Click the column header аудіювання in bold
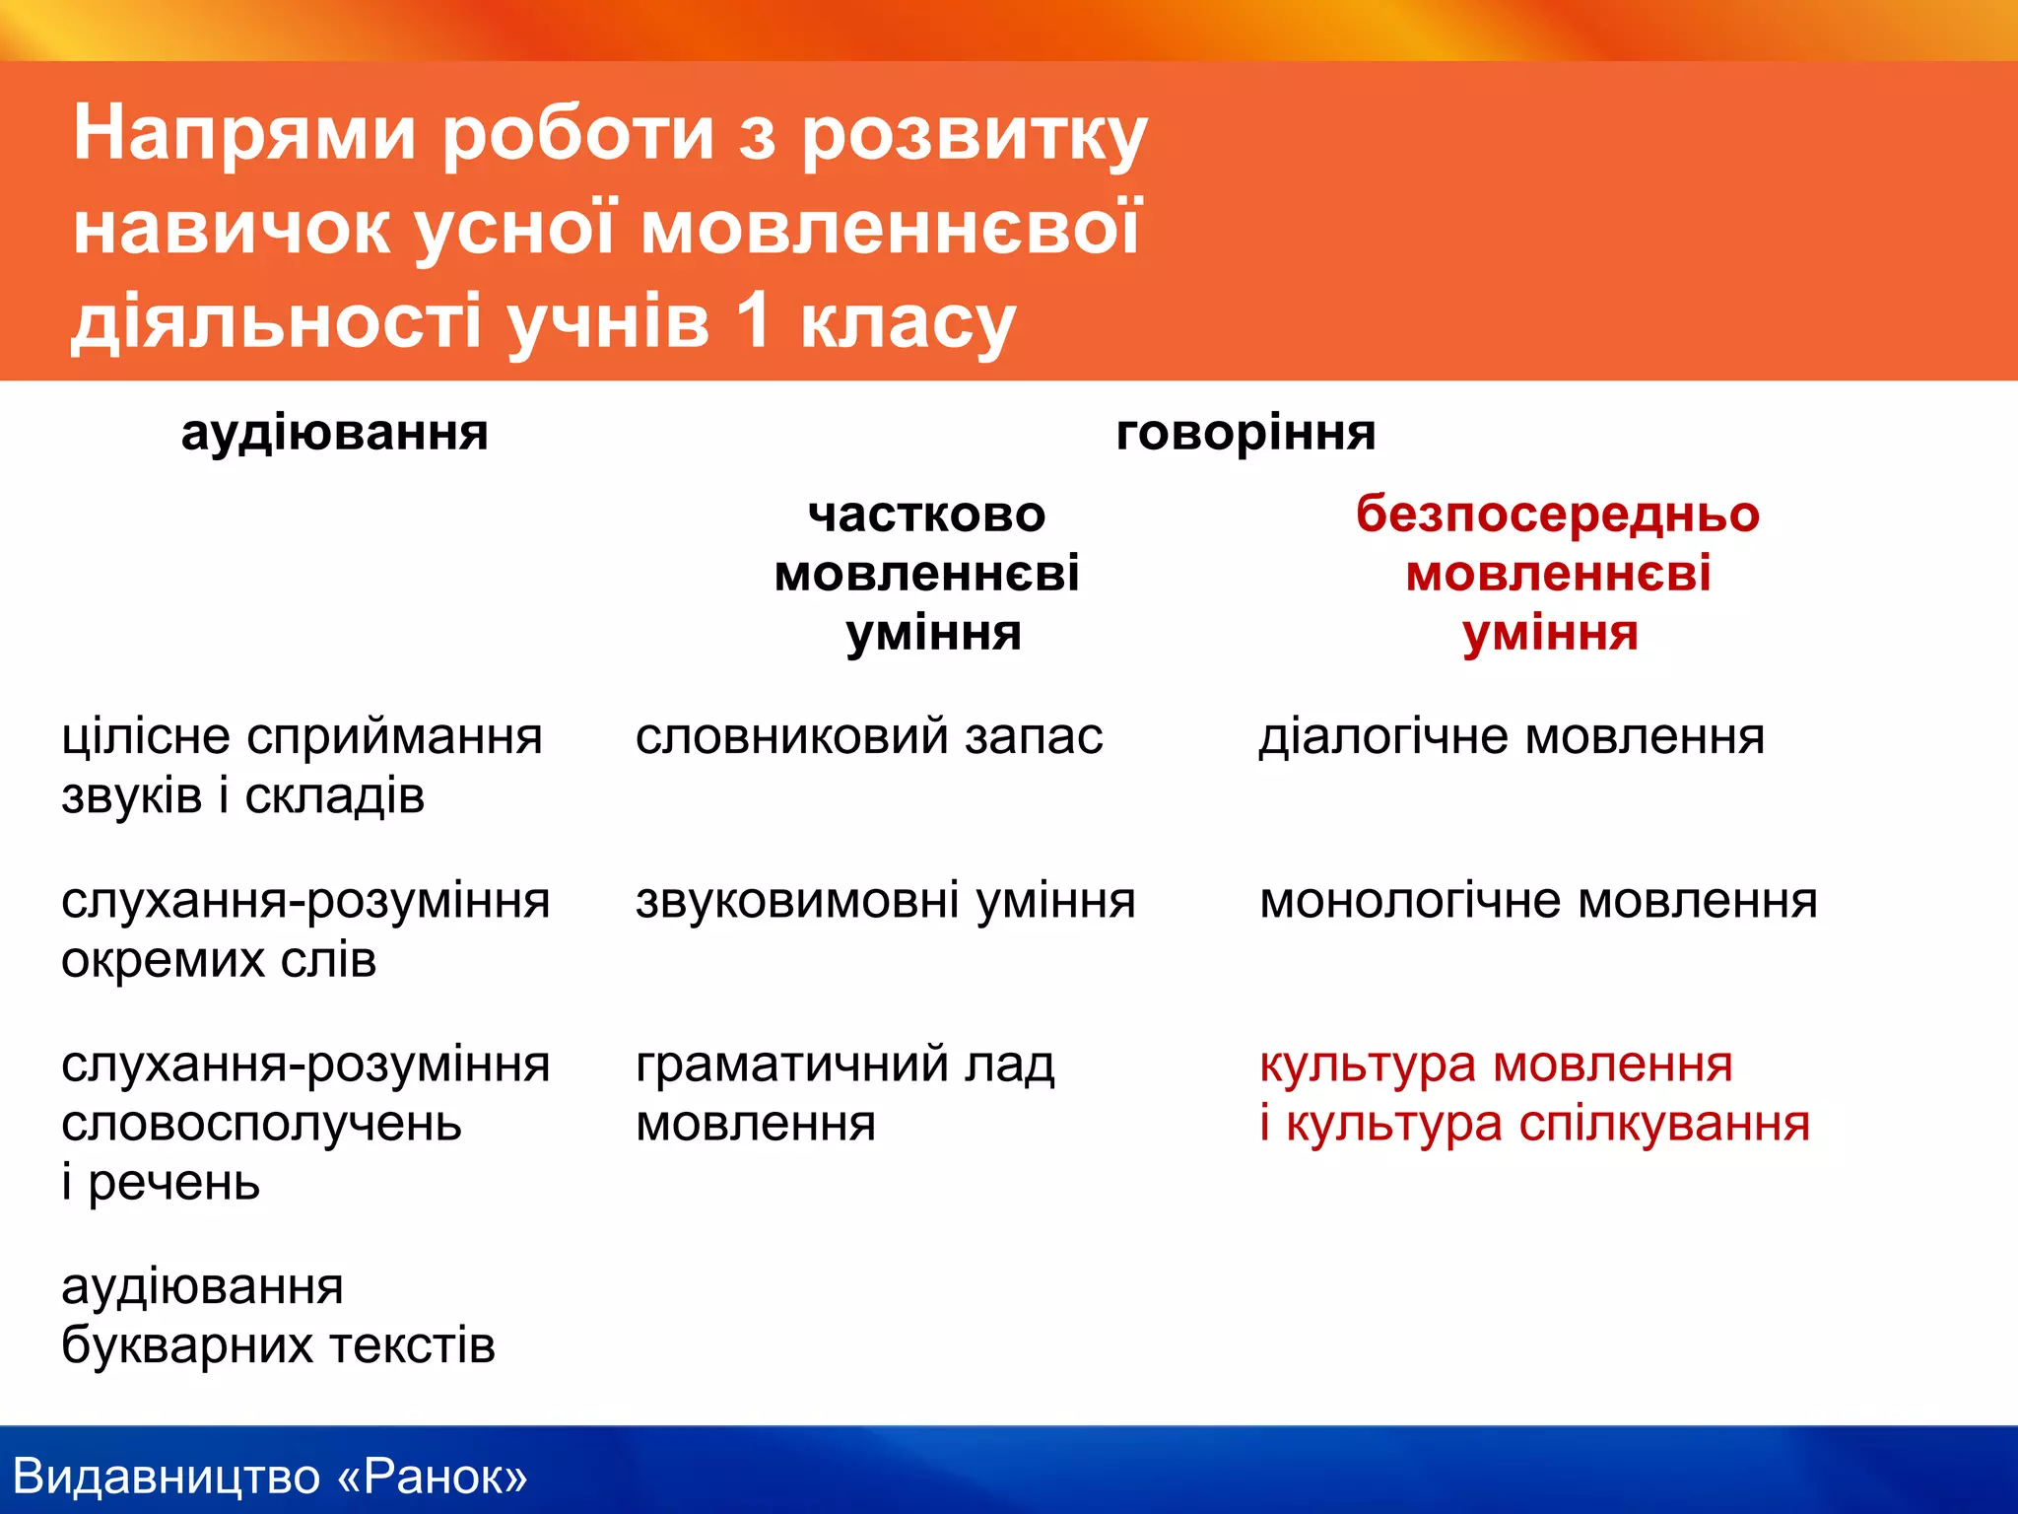click(x=334, y=434)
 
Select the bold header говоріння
click(x=1245, y=434)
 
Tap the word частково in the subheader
click(x=926, y=515)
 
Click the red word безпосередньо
click(x=1557, y=515)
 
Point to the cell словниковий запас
click(x=868, y=737)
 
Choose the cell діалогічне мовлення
click(x=1512, y=737)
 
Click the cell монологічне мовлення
click(x=1538, y=901)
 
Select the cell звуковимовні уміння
click(x=885, y=901)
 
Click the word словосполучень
click(x=261, y=1124)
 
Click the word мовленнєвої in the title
click(x=891, y=228)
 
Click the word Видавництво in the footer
click(x=167, y=1477)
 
